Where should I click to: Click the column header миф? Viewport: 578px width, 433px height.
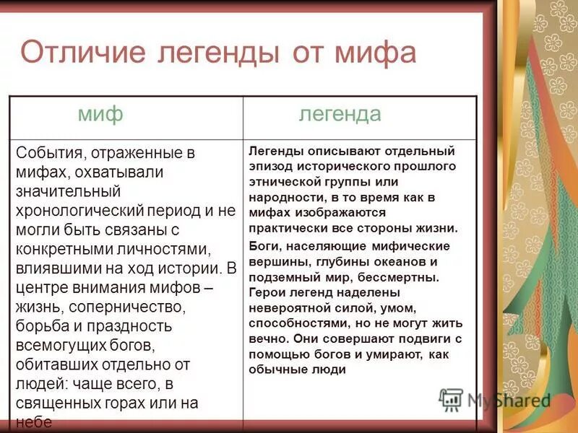(x=100, y=114)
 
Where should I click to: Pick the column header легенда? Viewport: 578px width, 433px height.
(x=340, y=114)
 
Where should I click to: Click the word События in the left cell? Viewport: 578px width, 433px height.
(x=48, y=153)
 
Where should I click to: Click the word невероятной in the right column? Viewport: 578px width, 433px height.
(x=283, y=307)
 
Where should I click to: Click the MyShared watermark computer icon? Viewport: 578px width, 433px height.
(x=451, y=399)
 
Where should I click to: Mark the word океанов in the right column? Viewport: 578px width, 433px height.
(x=399, y=261)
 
